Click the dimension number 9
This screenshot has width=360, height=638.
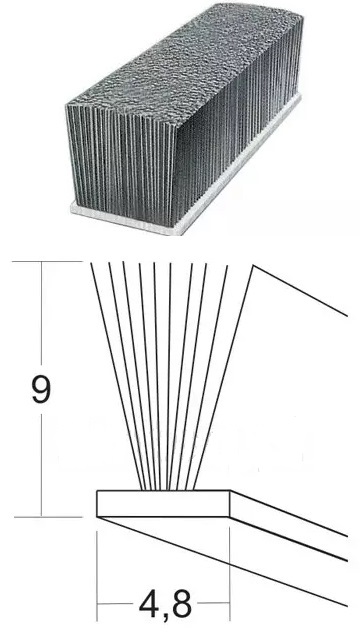click(x=41, y=389)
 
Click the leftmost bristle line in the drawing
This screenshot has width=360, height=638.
click(x=117, y=376)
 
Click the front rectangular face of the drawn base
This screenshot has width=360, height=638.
click(x=163, y=504)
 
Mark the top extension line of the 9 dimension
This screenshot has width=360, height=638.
click(x=47, y=261)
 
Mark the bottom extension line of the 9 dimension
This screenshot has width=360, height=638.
click(x=48, y=517)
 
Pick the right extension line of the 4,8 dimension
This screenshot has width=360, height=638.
click(x=230, y=574)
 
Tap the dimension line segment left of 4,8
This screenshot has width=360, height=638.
click(x=116, y=604)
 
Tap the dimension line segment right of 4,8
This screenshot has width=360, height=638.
click(x=213, y=603)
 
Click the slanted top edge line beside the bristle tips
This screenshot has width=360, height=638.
click(x=300, y=291)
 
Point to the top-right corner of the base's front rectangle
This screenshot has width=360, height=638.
click(x=230, y=491)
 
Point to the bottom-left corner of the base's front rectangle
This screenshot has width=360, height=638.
click(x=97, y=517)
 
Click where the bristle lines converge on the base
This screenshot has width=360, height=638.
click(x=168, y=489)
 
